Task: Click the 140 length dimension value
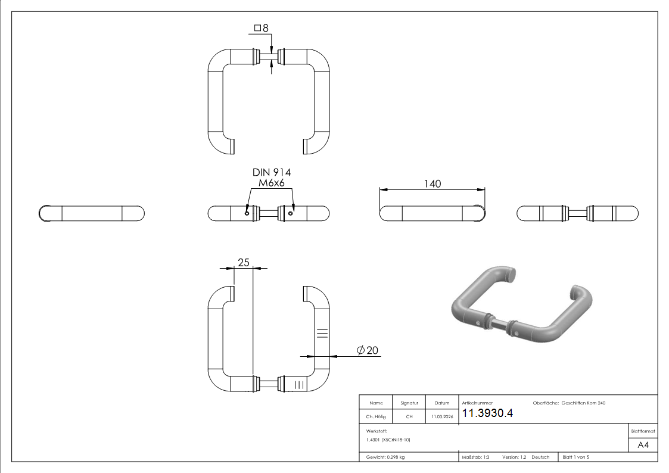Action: pos(432,183)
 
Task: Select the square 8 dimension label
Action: pos(262,28)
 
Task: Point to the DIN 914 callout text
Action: pos(272,172)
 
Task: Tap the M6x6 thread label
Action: pos(272,183)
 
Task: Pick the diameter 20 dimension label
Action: pos(368,350)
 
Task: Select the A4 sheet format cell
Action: pos(643,445)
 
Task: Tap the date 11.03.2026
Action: pos(441,417)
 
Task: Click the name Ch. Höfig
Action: pos(376,417)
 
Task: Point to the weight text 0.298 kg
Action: pos(385,457)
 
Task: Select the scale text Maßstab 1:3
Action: pos(475,457)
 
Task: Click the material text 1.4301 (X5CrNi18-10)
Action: pos(388,440)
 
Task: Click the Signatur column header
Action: pos(409,403)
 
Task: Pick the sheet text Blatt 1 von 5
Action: pos(575,457)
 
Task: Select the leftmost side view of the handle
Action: pos(91,213)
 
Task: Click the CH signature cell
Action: pos(409,417)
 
